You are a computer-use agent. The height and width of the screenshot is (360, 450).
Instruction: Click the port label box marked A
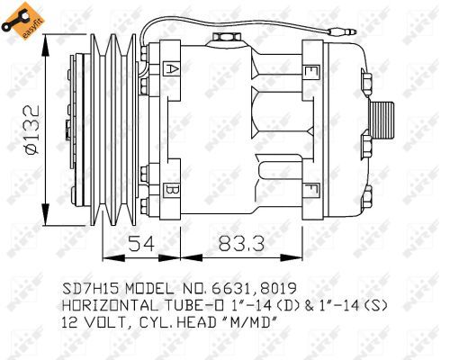[x=171, y=68]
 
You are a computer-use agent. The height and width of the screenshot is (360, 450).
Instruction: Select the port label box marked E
[x=311, y=70]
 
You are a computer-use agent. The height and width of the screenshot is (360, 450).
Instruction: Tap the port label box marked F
[x=311, y=188]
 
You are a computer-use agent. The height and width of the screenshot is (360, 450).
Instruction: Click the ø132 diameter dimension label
[x=29, y=130]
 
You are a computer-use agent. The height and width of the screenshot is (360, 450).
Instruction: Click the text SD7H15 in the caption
[x=90, y=290]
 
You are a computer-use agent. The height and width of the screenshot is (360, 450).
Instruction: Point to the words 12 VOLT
[x=94, y=323]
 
